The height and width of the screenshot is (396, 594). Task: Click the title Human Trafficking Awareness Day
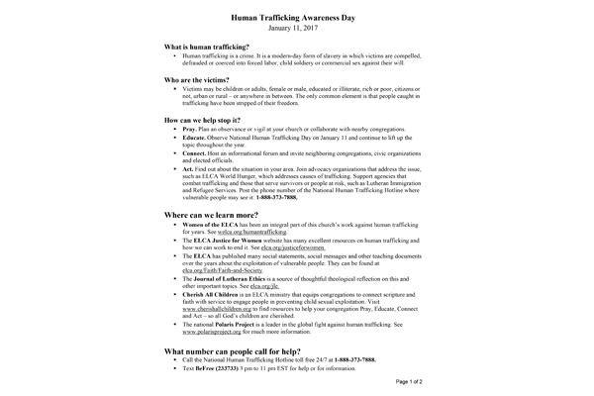coord(297,18)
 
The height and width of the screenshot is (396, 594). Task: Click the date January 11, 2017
coord(297,30)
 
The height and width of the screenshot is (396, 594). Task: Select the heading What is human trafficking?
coord(206,48)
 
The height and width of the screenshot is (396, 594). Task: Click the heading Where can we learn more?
coord(223,188)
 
